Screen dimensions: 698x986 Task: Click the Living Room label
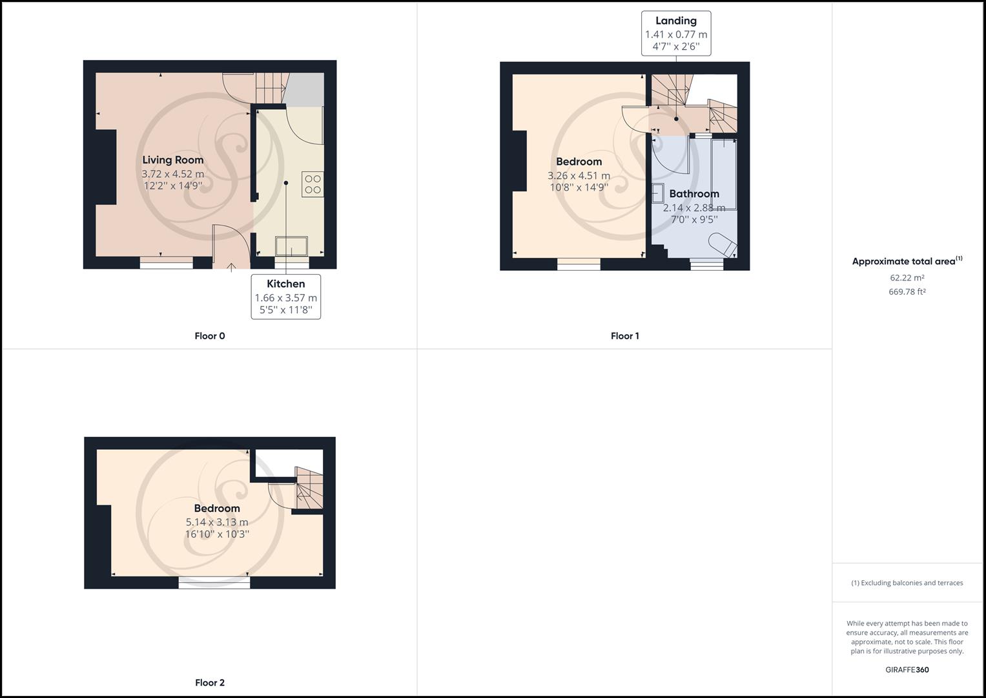172,160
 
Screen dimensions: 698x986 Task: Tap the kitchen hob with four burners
313,184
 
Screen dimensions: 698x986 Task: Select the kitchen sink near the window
292,246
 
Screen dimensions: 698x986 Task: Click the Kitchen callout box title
285,284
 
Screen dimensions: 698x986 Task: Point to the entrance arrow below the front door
232,266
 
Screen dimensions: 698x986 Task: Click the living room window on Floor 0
167,262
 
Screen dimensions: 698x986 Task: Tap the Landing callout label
675,21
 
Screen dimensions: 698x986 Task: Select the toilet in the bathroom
723,245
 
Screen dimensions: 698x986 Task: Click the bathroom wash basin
658,193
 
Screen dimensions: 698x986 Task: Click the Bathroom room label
693,194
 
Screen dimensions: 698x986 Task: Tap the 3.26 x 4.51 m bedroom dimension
579,176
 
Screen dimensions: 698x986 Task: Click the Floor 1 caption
624,336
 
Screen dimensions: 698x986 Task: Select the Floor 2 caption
210,682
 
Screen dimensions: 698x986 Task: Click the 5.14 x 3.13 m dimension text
217,522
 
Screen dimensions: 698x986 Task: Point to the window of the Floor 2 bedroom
214,583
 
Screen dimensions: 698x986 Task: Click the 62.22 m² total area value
907,278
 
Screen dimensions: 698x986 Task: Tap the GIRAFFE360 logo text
907,670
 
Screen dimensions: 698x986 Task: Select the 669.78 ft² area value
907,291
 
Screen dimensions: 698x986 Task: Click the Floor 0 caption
210,336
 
